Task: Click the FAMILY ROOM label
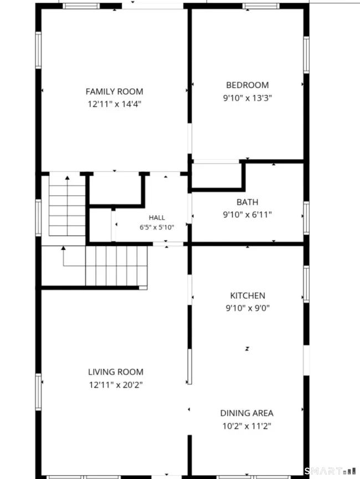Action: (x=115, y=91)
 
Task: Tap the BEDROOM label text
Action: (x=248, y=85)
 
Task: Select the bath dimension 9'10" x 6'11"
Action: (x=248, y=215)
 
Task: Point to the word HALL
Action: (x=157, y=217)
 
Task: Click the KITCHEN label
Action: (x=248, y=295)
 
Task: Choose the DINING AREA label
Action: (x=247, y=413)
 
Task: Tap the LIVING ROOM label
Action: (x=116, y=372)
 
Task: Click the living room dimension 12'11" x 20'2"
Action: (x=116, y=385)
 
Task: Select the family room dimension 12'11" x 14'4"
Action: (x=115, y=104)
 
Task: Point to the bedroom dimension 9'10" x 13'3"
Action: (x=248, y=98)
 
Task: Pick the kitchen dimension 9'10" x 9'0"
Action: (x=248, y=308)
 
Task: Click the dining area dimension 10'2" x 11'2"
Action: (x=247, y=426)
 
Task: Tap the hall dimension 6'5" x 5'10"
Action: (x=157, y=227)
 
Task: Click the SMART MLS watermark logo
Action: (x=331, y=471)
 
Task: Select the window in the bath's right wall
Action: (x=306, y=218)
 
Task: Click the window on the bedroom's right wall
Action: (x=306, y=55)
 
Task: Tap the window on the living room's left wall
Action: (x=38, y=392)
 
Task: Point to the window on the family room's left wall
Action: (x=38, y=50)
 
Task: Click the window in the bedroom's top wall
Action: (x=261, y=6)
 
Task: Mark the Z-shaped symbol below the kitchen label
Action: (x=247, y=349)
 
